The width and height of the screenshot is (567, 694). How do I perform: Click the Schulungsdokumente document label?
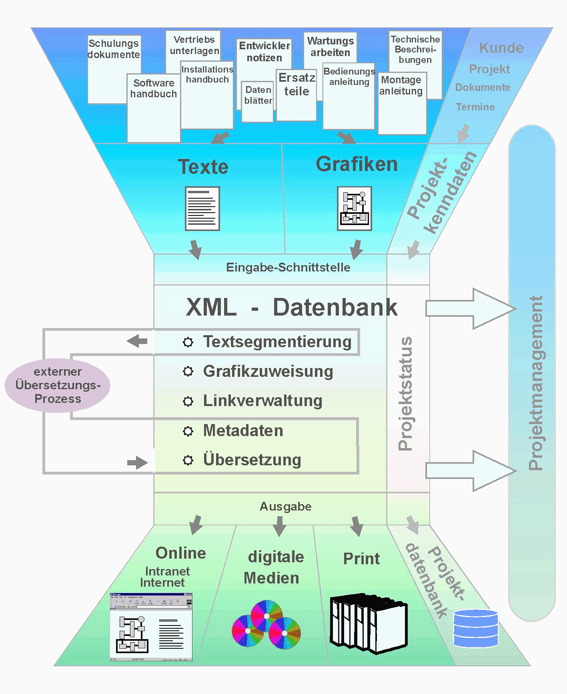click(114, 49)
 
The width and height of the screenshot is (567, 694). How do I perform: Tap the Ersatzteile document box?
click(297, 95)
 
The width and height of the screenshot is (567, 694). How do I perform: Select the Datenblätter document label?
click(258, 95)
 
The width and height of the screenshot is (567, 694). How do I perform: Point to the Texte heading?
click(203, 167)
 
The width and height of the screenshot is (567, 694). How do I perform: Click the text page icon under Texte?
click(202, 209)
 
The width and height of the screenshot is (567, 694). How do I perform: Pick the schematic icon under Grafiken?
click(355, 209)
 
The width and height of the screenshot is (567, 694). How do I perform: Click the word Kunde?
click(501, 48)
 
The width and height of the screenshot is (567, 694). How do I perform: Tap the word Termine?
click(475, 107)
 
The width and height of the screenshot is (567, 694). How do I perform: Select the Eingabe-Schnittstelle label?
click(288, 267)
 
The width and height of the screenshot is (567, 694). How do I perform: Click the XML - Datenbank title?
click(292, 308)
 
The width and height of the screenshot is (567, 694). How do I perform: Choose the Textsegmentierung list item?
click(277, 342)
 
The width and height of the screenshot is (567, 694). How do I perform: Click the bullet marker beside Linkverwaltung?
click(188, 401)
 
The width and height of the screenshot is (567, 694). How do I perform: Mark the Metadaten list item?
click(243, 430)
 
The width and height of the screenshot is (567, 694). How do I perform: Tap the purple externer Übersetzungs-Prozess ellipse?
click(58, 385)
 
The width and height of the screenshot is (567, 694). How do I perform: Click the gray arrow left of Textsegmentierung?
click(137, 341)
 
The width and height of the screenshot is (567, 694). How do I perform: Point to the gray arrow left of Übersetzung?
click(137, 463)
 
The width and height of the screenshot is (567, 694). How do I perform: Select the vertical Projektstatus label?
click(406, 394)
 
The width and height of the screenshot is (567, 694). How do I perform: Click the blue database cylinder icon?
click(475, 628)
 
